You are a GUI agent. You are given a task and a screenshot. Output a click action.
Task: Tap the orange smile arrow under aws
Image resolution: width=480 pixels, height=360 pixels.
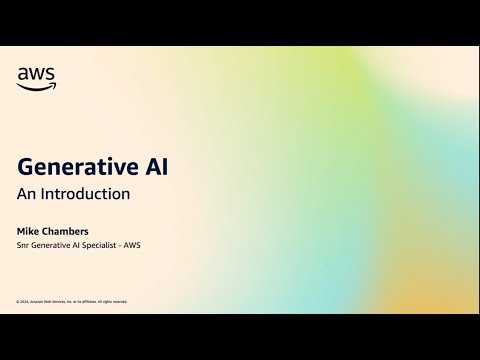(37, 85)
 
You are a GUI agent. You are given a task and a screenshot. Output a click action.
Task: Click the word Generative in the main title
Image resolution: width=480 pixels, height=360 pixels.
(80, 166)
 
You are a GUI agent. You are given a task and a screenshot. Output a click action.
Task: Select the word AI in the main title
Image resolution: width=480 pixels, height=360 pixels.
(154, 166)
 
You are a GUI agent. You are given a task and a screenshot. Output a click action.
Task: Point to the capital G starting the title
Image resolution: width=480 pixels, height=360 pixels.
(27, 166)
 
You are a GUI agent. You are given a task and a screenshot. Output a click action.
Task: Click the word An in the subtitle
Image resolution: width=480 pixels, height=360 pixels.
(27, 194)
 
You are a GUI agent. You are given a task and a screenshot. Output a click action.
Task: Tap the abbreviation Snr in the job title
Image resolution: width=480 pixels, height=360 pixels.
(23, 245)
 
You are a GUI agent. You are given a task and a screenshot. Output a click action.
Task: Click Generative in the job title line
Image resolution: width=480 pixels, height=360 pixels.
(51, 245)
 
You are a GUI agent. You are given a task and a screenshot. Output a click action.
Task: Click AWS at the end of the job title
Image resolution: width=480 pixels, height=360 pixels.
(132, 245)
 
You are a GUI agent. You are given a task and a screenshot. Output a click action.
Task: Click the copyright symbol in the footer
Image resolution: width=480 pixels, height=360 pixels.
(18, 301)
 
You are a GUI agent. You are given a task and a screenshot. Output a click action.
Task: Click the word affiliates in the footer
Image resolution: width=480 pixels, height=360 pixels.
(88, 301)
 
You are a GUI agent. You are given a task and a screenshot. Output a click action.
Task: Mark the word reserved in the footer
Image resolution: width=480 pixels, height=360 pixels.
(120, 301)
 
